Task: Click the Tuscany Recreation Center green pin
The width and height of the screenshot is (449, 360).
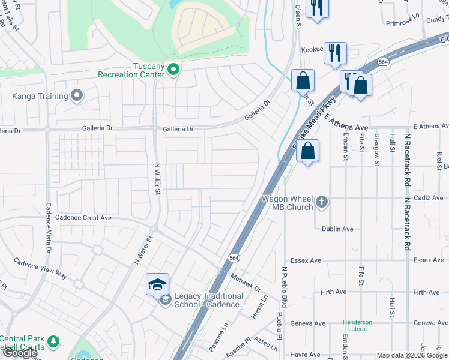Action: pos(173,70)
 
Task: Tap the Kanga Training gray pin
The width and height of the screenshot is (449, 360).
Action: pos(77,95)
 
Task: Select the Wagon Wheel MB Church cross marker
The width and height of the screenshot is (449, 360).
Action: pos(322,201)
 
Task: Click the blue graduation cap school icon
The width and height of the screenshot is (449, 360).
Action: pos(157,284)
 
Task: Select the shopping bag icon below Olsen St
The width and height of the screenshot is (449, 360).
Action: pos(303,80)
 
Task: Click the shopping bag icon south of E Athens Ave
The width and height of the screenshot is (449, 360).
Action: pos(307,151)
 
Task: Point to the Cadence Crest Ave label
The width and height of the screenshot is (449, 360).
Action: pos(83,218)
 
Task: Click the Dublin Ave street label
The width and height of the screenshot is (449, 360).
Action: pos(337,229)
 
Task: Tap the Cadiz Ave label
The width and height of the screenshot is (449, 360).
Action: pos(429,197)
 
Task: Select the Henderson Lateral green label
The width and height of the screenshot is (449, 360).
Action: pos(357,326)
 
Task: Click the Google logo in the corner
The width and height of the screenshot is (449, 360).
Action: pos(19,353)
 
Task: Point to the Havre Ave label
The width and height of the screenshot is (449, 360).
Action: pos(305,355)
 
